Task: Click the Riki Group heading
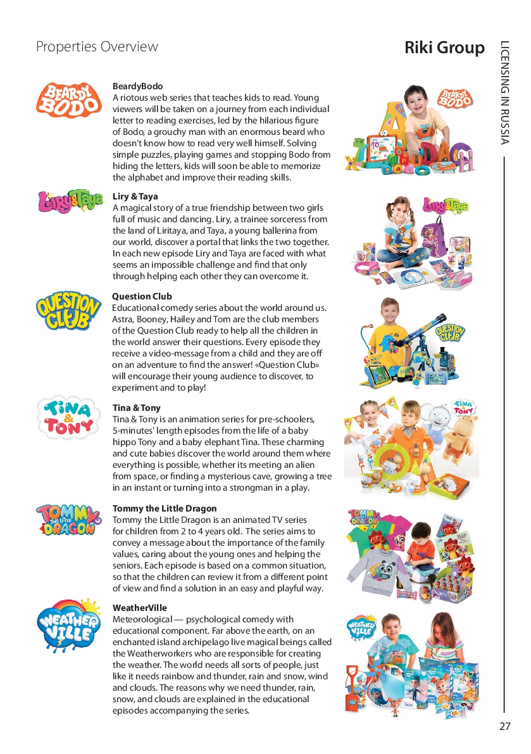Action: [x=444, y=47]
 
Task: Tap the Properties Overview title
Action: [x=97, y=47]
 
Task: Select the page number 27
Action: [x=504, y=726]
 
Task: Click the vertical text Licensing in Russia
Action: [x=504, y=92]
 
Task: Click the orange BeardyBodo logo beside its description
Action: [x=69, y=100]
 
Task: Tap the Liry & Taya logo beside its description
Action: [x=70, y=201]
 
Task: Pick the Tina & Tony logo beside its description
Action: [x=69, y=417]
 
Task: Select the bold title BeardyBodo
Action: [x=137, y=86]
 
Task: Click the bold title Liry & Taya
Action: [x=135, y=196]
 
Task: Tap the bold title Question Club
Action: [x=142, y=296]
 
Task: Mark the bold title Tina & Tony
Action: [x=137, y=408]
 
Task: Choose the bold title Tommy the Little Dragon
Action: [x=165, y=508]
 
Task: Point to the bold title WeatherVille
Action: [x=140, y=608]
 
